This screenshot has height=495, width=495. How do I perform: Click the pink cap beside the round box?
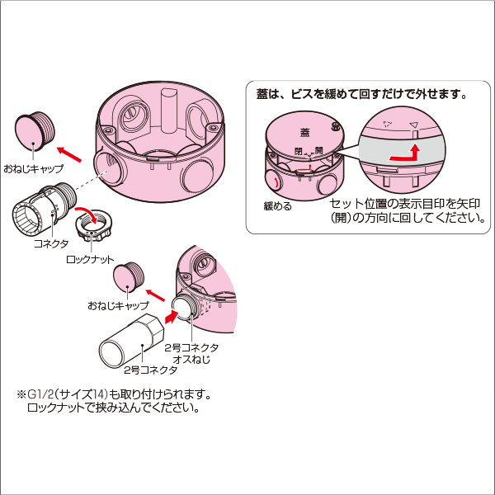click(x=34, y=132)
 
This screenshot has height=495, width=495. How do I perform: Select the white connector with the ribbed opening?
click(x=42, y=212)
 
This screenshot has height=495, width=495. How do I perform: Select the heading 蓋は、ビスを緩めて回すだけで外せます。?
click(x=362, y=94)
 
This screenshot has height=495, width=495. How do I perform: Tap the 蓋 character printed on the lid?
click(x=305, y=131)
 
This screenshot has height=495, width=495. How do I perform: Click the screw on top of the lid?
click(x=336, y=126)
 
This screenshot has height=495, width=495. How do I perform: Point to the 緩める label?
click(x=277, y=206)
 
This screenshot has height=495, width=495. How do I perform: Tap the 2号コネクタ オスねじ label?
click(x=191, y=354)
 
